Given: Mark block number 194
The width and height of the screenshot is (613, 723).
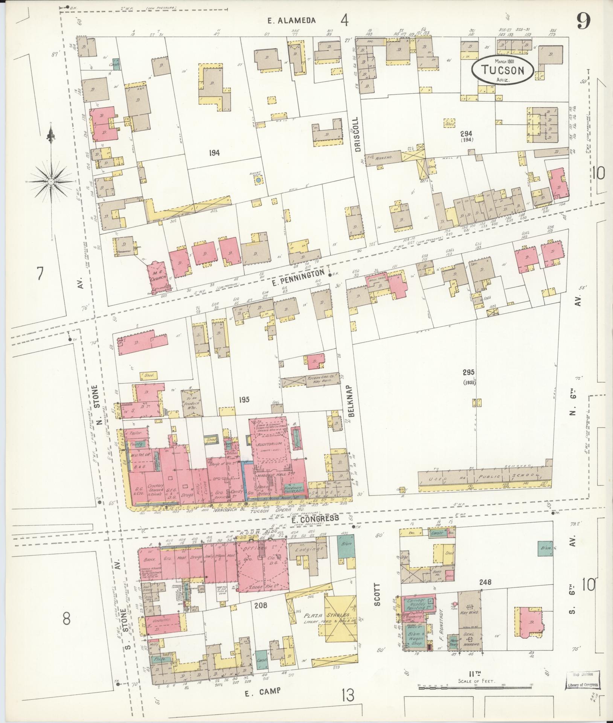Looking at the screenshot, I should (215, 153).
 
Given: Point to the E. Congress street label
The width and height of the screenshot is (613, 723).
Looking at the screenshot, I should (316, 518).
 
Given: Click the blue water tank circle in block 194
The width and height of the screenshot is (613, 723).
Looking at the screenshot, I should (258, 181).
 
